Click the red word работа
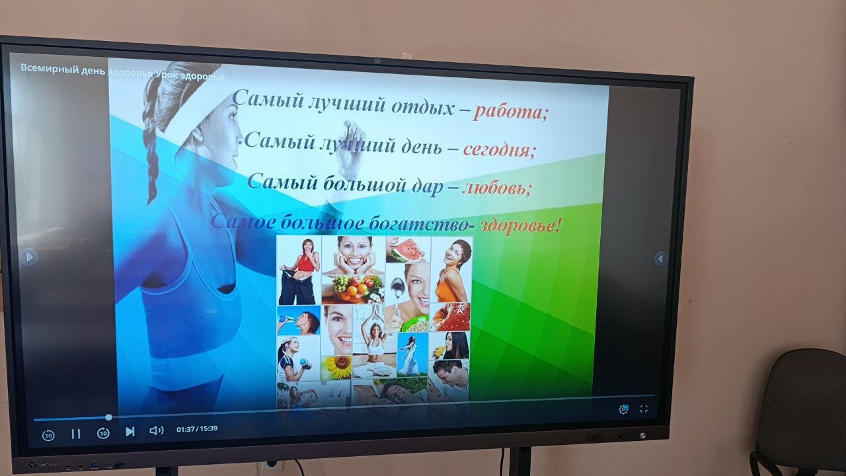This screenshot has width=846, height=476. pyautogui.click(x=509, y=112)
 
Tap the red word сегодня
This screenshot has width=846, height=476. pyautogui.click(x=499, y=149)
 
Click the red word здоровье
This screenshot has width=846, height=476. pyautogui.click(x=520, y=225)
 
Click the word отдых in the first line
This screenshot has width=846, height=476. pyautogui.click(x=422, y=106)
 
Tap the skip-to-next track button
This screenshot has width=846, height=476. pyautogui.click(x=130, y=432)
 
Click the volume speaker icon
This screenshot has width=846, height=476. pyautogui.click(x=157, y=430)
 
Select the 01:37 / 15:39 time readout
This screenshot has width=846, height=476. pyautogui.click(x=197, y=429)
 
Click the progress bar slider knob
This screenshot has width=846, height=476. pyautogui.click(x=109, y=417)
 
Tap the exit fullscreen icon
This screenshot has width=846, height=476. pyautogui.click(x=644, y=409)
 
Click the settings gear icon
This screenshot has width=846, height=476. pyautogui.click(x=623, y=409)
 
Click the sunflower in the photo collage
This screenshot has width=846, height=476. pyautogui.click(x=337, y=366)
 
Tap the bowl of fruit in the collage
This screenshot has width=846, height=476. pyautogui.click(x=352, y=289)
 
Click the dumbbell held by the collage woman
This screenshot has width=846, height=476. pyautogui.click(x=305, y=364)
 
